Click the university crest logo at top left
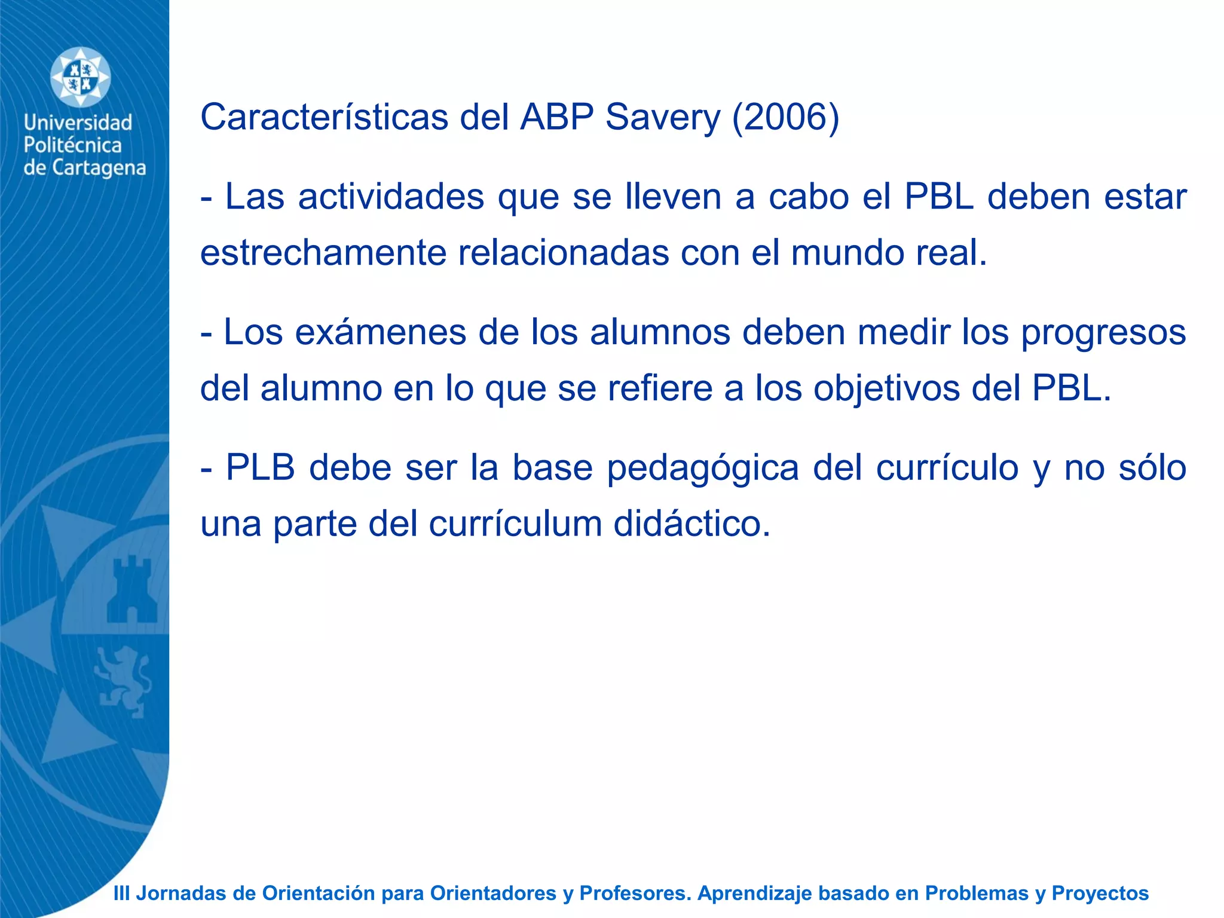(x=80, y=78)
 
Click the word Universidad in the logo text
(x=78, y=123)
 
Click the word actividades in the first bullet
(x=391, y=197)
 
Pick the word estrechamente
(x=323, y=252)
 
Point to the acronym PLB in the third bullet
(x=261, y=467)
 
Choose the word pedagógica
(x=703, y=467)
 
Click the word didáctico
(x=692, y=524)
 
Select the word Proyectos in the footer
(x=1100, y=893)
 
